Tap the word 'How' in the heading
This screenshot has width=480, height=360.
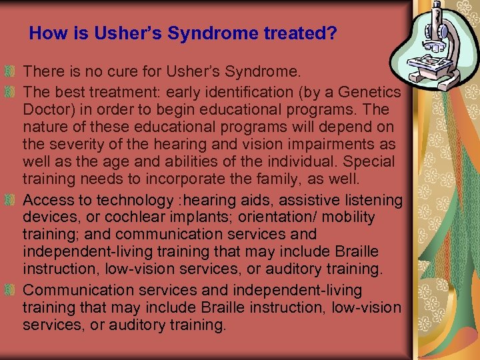tap(45, 33)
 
